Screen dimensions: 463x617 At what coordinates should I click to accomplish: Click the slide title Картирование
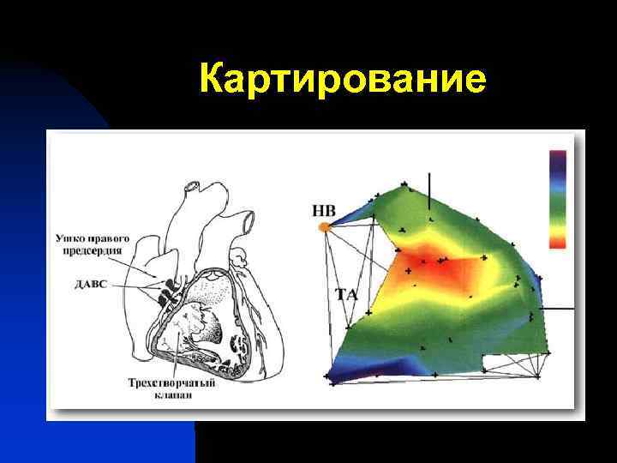pyautogui.click(x=343, y=81)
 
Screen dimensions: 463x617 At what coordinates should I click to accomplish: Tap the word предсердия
pyautogui.click(x=92, y=250)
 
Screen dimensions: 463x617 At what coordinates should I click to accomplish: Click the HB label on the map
pyautogui.click(x=324, y=210)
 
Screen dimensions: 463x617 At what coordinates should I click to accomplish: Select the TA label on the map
pyautogui.click(x=346, y=295)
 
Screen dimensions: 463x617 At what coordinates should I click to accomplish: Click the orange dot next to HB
pyautogui.click(x=324, y=227)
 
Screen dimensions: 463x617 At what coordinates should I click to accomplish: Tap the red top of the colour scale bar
pyautogui.click(x=557, y=157)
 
